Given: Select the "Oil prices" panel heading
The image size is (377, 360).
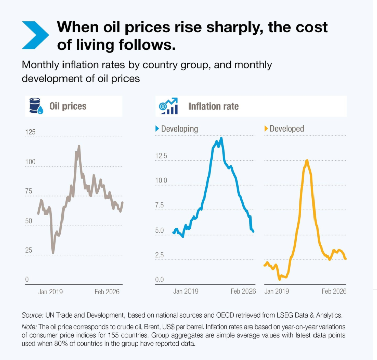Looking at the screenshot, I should [68, 106].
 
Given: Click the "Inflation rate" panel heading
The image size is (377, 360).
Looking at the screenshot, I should [213, 106].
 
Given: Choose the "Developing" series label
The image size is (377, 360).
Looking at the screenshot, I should [179, 129].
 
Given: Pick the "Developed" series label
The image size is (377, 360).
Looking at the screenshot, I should [287, 129].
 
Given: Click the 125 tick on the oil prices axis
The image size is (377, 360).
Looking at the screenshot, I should [30, 132].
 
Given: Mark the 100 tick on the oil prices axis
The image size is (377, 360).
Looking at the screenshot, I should [30, 162].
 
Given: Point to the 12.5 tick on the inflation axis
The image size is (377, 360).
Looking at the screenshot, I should [161, 156].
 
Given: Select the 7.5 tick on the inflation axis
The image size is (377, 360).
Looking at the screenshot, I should [160, 205].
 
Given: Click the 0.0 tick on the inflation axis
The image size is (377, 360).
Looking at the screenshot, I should [160, 280].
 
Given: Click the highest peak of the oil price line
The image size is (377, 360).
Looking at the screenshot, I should [79, 146].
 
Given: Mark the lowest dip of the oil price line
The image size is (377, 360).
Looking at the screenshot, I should [53, 252].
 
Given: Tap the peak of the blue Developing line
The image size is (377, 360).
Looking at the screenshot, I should [221, 138].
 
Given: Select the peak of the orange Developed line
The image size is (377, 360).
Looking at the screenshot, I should [307, 160].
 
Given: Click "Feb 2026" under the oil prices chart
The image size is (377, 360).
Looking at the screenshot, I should [107, 291].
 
